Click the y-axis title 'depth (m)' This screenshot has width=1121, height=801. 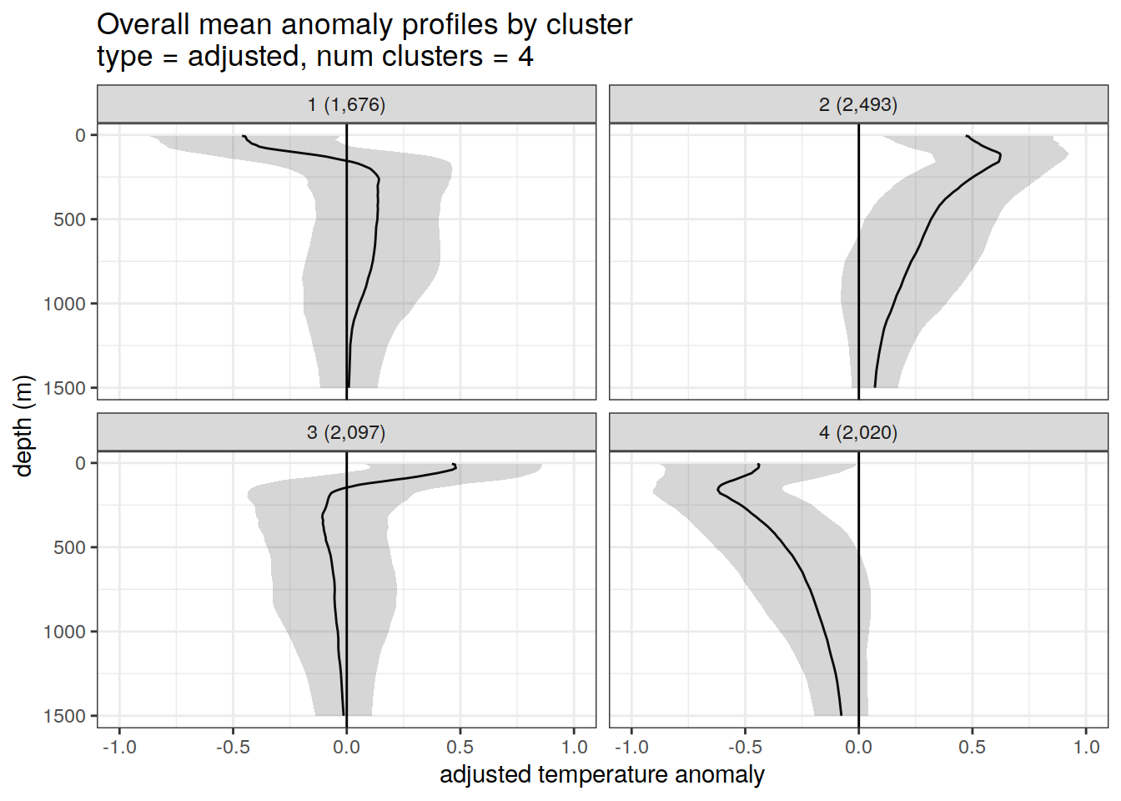click(x=23, y=426)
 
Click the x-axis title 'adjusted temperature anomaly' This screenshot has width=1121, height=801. click(x=601, y=774)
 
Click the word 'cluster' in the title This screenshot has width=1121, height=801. click(x=589, y=24)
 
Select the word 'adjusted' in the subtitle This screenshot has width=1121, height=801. click(x=244, y=57)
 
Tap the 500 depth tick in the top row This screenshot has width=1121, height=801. click(x=69, y=219)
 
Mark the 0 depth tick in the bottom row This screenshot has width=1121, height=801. click(x=80, y=463)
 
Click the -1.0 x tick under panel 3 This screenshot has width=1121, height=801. click(x=118, y=747)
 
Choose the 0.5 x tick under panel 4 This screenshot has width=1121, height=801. click(x=972, y=747)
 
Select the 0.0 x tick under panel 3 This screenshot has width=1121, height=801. click(x=346, y=747)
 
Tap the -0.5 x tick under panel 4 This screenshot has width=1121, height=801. click(x=744, y=747)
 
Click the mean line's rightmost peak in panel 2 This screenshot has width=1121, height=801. click(x=1000, y=157)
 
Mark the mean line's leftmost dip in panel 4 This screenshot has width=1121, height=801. click(x=717, y=490)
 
